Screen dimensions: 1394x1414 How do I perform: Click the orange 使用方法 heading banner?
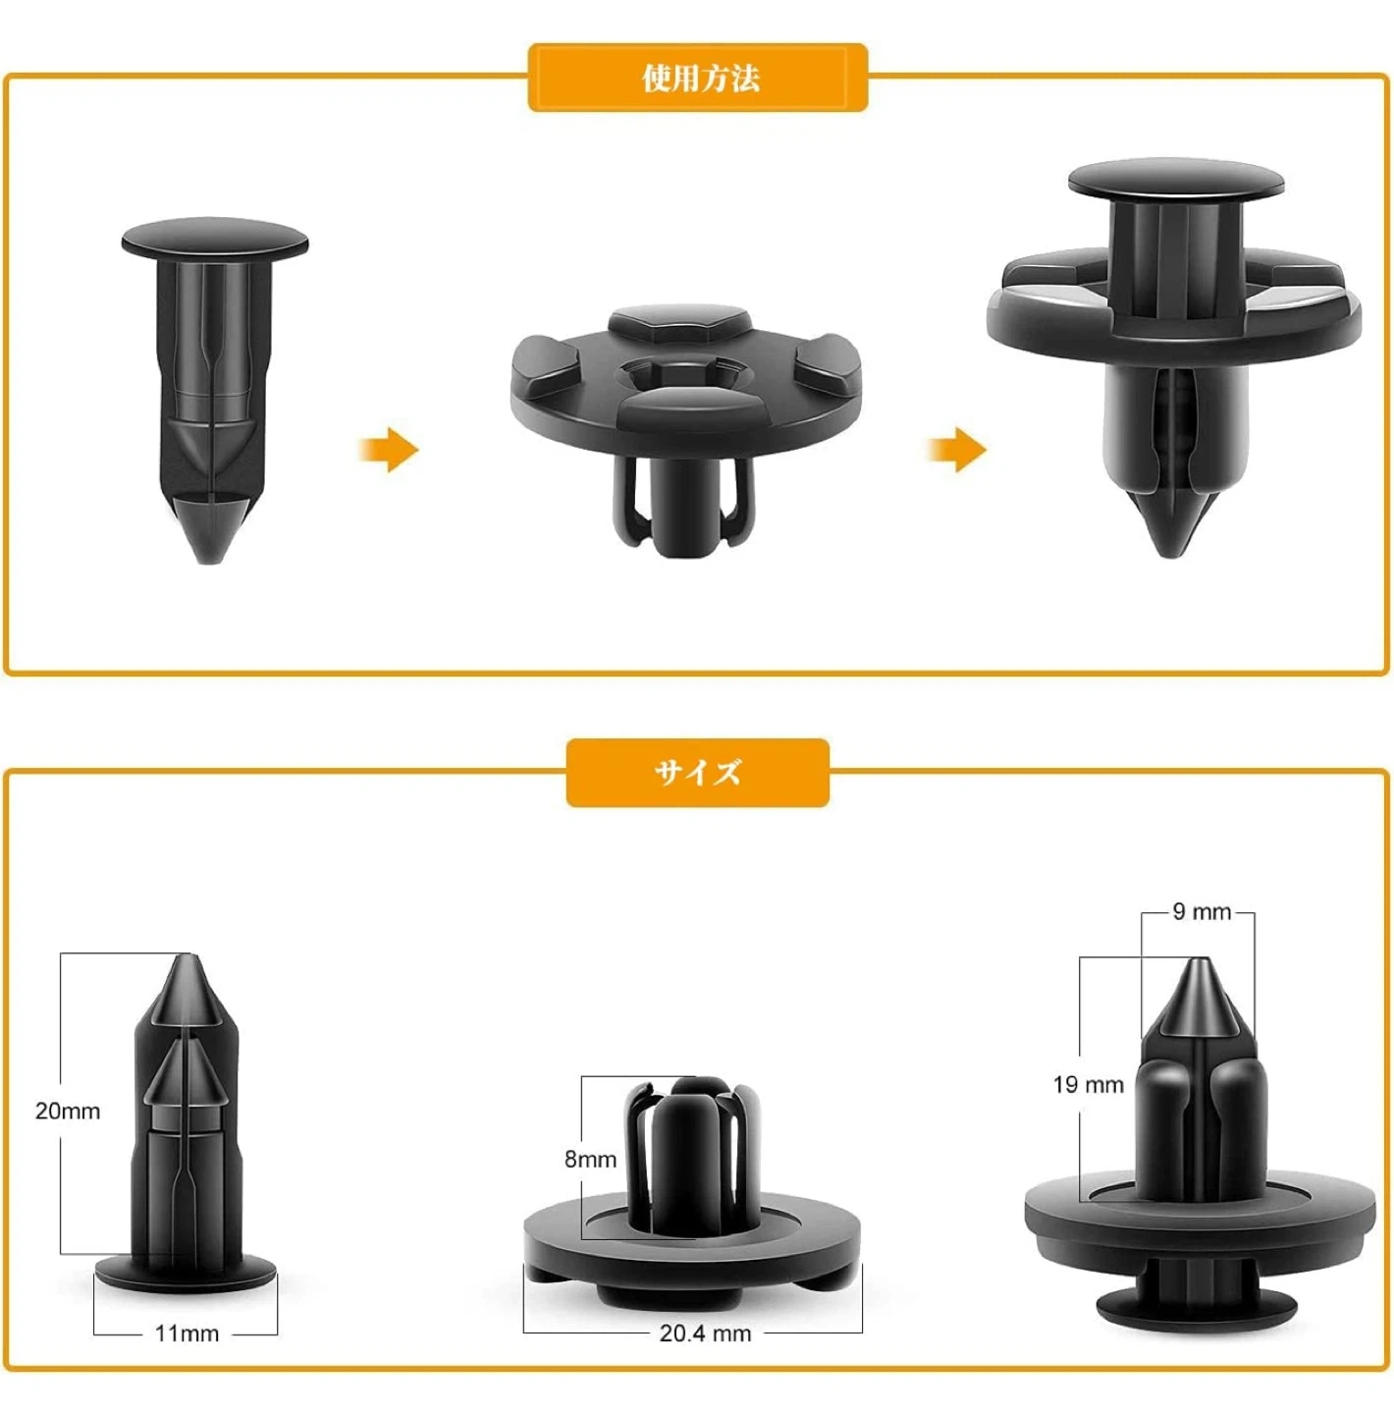point(698,78)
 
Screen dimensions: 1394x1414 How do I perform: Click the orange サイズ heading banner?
point(698,773)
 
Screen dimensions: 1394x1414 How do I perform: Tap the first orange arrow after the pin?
point(389,449)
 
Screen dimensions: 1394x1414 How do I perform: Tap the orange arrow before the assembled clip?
point(957,449)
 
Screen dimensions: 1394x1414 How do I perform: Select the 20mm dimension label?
point(68,1111)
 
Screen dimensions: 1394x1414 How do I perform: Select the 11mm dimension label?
point(187,1333)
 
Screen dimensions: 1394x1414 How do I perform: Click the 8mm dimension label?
point(590,1160)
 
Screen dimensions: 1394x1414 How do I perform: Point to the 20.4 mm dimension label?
point(705,1333)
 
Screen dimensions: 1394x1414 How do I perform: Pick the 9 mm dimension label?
point(1201,911)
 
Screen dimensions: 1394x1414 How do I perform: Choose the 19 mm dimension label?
point(1088,1084)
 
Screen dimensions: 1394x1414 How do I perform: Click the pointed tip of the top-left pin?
point(205,561)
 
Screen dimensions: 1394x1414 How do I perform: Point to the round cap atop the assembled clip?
point(1176,180)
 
